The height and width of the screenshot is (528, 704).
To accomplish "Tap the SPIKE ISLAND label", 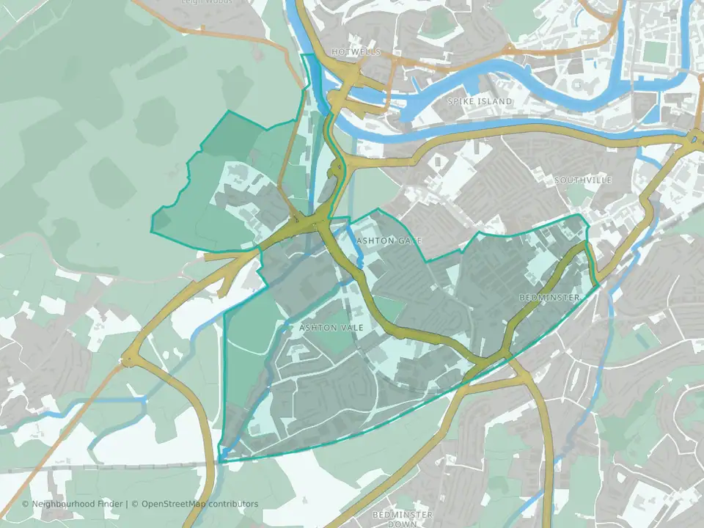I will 480,100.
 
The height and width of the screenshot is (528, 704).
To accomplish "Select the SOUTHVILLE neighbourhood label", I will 582,180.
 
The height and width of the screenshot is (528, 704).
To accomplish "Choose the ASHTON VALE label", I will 331,327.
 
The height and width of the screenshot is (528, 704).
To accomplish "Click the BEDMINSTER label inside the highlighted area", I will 549,297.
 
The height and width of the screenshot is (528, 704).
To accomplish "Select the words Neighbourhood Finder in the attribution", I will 78,504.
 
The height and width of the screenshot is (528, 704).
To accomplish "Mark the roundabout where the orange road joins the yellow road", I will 131,359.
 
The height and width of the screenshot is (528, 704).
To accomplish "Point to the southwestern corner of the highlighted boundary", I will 219,461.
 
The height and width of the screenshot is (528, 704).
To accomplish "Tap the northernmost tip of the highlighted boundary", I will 301,54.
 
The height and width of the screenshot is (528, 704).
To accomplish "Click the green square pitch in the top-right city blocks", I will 651,51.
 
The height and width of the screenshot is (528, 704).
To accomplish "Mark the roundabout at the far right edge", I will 694,136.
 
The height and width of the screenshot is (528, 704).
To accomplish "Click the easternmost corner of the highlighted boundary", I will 598,284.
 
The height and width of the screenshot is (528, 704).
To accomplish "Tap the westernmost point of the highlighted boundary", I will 151,231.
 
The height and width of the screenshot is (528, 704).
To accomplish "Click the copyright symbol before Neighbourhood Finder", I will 26,504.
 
